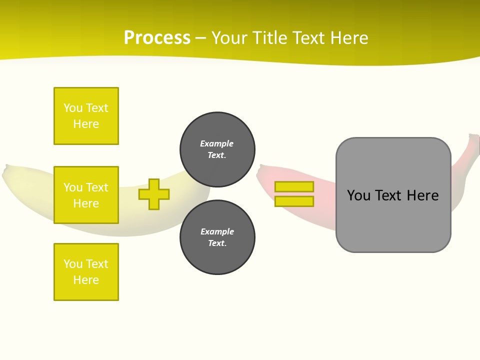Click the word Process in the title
point(157,38)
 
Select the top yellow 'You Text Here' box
point(86,116)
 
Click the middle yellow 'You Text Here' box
point(86,195)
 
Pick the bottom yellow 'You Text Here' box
point(86,272)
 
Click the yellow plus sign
point(154,194)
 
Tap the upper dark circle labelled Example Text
point(217,149)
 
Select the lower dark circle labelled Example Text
point(217,237)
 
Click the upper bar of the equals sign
point(294,186)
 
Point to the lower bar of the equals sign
point(294,201)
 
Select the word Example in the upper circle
point(216,143)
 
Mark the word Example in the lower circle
point(217,231)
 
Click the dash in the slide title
point(200,38)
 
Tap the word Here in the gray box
point(422,195)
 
